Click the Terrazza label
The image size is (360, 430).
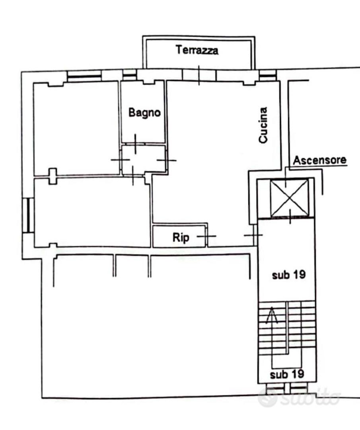[x=197, y=50]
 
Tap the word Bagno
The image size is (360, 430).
[x=144, y=113]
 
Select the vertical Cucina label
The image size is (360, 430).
[x=263, y=125]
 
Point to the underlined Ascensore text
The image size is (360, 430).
[x=319, y=160]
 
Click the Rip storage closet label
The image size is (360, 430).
[x=181, y=237]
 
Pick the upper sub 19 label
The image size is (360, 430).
[x=289, y=275]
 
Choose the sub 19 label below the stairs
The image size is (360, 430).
[x=287, y=374]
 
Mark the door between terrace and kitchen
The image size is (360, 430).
[x=199, y=75]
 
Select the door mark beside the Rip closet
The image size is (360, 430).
[x=206, y=236]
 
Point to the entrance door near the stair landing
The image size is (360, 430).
[x=253, y=235]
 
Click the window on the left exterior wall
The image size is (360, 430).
[x=28, y=215]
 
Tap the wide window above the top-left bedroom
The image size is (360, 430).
[x=84, y=76]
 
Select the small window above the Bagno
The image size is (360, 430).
[x=129, y=75]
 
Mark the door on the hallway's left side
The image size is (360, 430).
[x=120, y=160]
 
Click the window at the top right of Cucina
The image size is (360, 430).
[x=268, y=75]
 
